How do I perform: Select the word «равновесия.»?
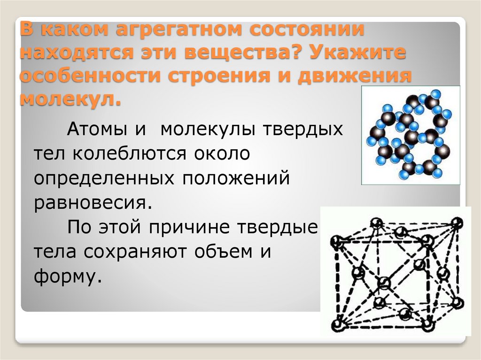click(93, 204)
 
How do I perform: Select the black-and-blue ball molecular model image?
click(410, 135)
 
